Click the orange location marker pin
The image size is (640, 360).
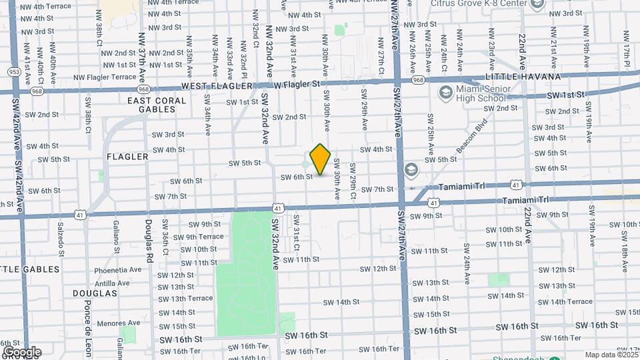[x=321, y=159]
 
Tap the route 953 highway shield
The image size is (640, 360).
[x=13, y=71]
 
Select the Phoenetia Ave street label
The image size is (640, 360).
[x=118, y=270]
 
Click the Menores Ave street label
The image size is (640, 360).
[x=119, y=324]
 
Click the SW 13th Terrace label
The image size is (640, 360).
[x=185, y=299]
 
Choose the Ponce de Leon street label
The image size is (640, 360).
[x=88, y=329]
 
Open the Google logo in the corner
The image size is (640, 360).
[x=21, y=352]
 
